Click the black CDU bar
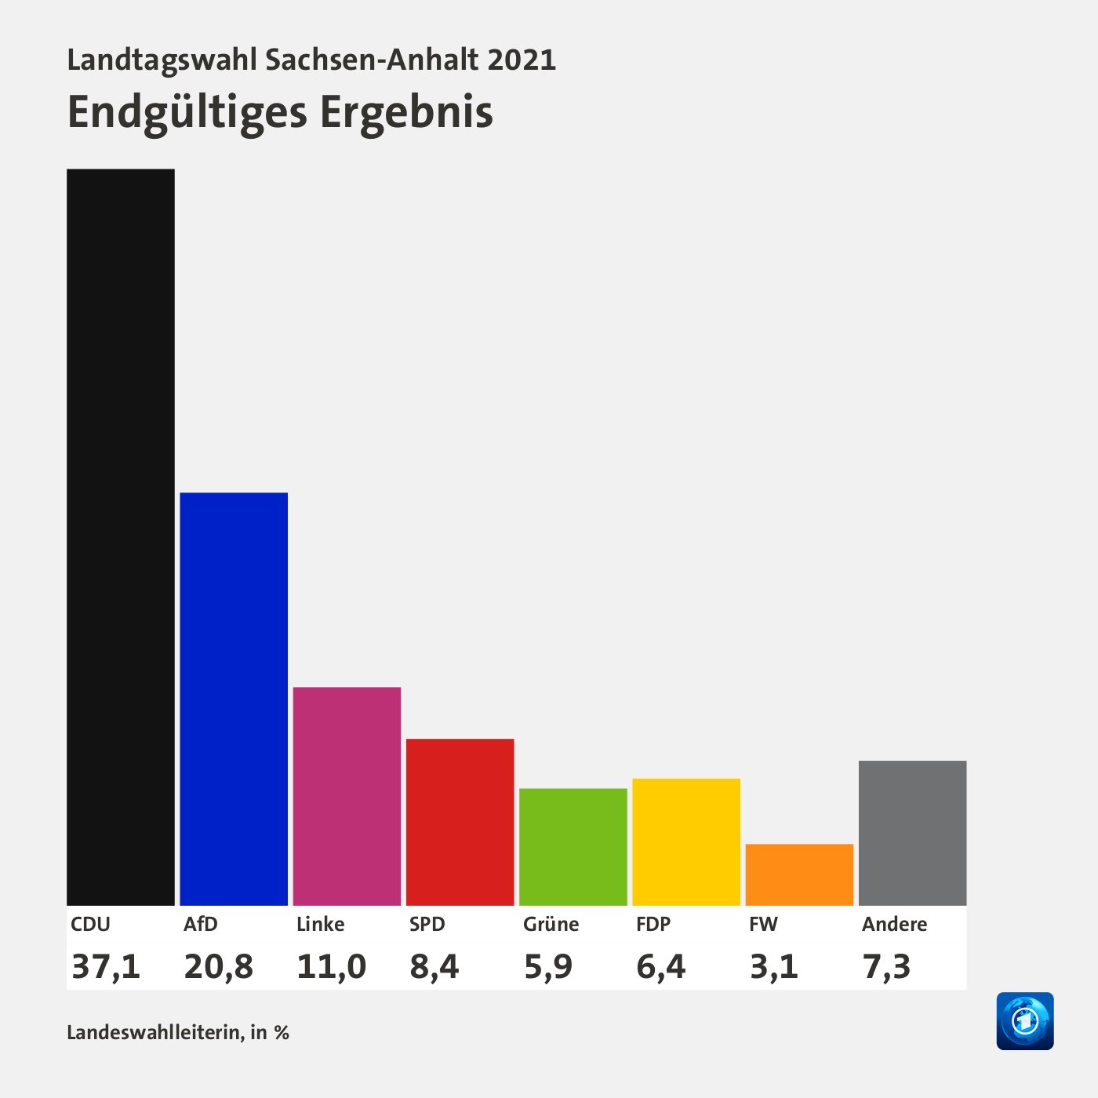click(121, 537)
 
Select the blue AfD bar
click(234, 699)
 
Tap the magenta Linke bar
click(347, 796)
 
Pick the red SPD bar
click(460, 822)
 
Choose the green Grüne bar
click(573, 847)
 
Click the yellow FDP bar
click(686, 842)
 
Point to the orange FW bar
click(799, 874)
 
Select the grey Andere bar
click(912, 833)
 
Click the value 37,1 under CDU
click(106, 966)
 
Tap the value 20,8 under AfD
click(219, 966)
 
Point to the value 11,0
click(332, 966)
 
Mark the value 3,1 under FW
click(774, 966)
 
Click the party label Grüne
click(551, 924)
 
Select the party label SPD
click(427, 924)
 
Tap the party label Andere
click(894, 924)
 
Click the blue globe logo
click(1025, 1021)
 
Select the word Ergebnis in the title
click(406, 112)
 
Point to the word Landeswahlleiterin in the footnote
click(155, 1032)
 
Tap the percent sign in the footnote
click(282, 1033)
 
